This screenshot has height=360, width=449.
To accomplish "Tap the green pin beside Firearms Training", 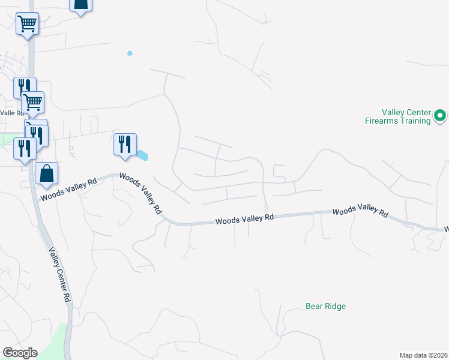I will click(439, 115).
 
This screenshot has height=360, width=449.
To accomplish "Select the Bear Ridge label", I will click(325, 306).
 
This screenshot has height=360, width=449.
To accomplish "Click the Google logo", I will click(19, 353).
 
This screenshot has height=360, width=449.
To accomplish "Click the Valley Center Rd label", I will click(61, 275).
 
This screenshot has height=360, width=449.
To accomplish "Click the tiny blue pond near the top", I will click(130, 53).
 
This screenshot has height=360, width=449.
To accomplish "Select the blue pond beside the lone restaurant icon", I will click(142, 155).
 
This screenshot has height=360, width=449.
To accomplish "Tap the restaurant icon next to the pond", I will click(125, 145).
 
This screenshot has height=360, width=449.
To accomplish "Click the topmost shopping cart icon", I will click(27, 24).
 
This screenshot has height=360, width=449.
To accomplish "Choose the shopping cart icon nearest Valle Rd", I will click(32, 103).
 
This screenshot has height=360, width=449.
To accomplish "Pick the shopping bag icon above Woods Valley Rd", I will click(46, 174).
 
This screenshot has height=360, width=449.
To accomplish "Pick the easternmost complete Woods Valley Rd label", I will click(360, 211).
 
